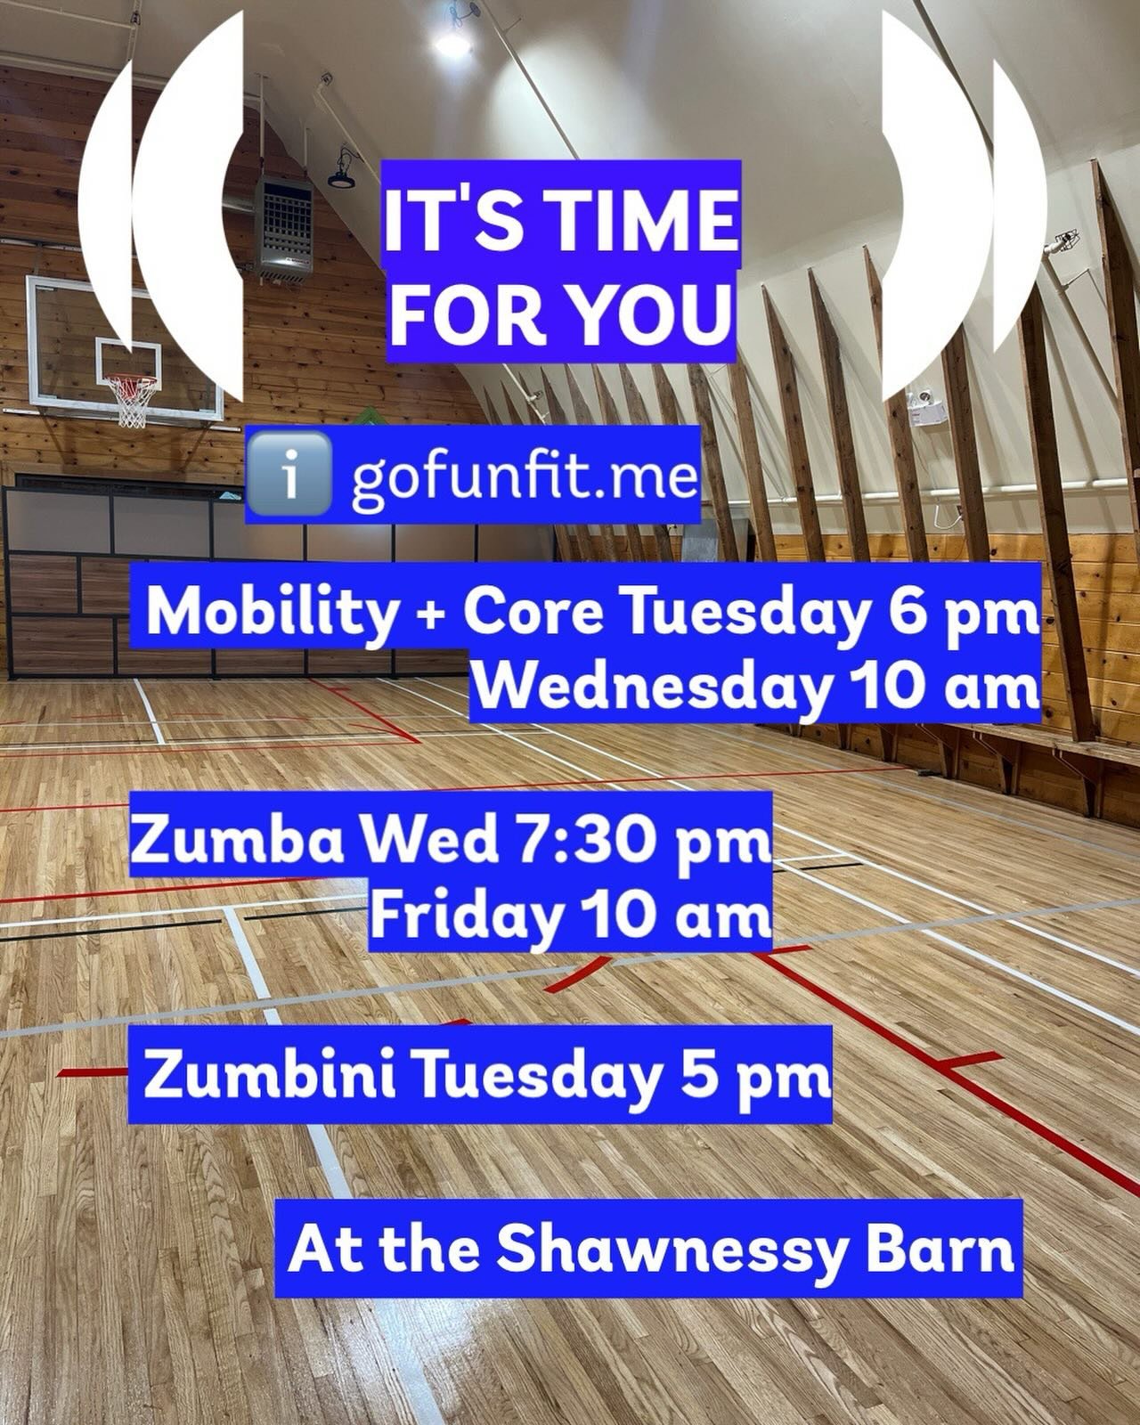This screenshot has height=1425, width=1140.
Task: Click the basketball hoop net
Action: point(130,403)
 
